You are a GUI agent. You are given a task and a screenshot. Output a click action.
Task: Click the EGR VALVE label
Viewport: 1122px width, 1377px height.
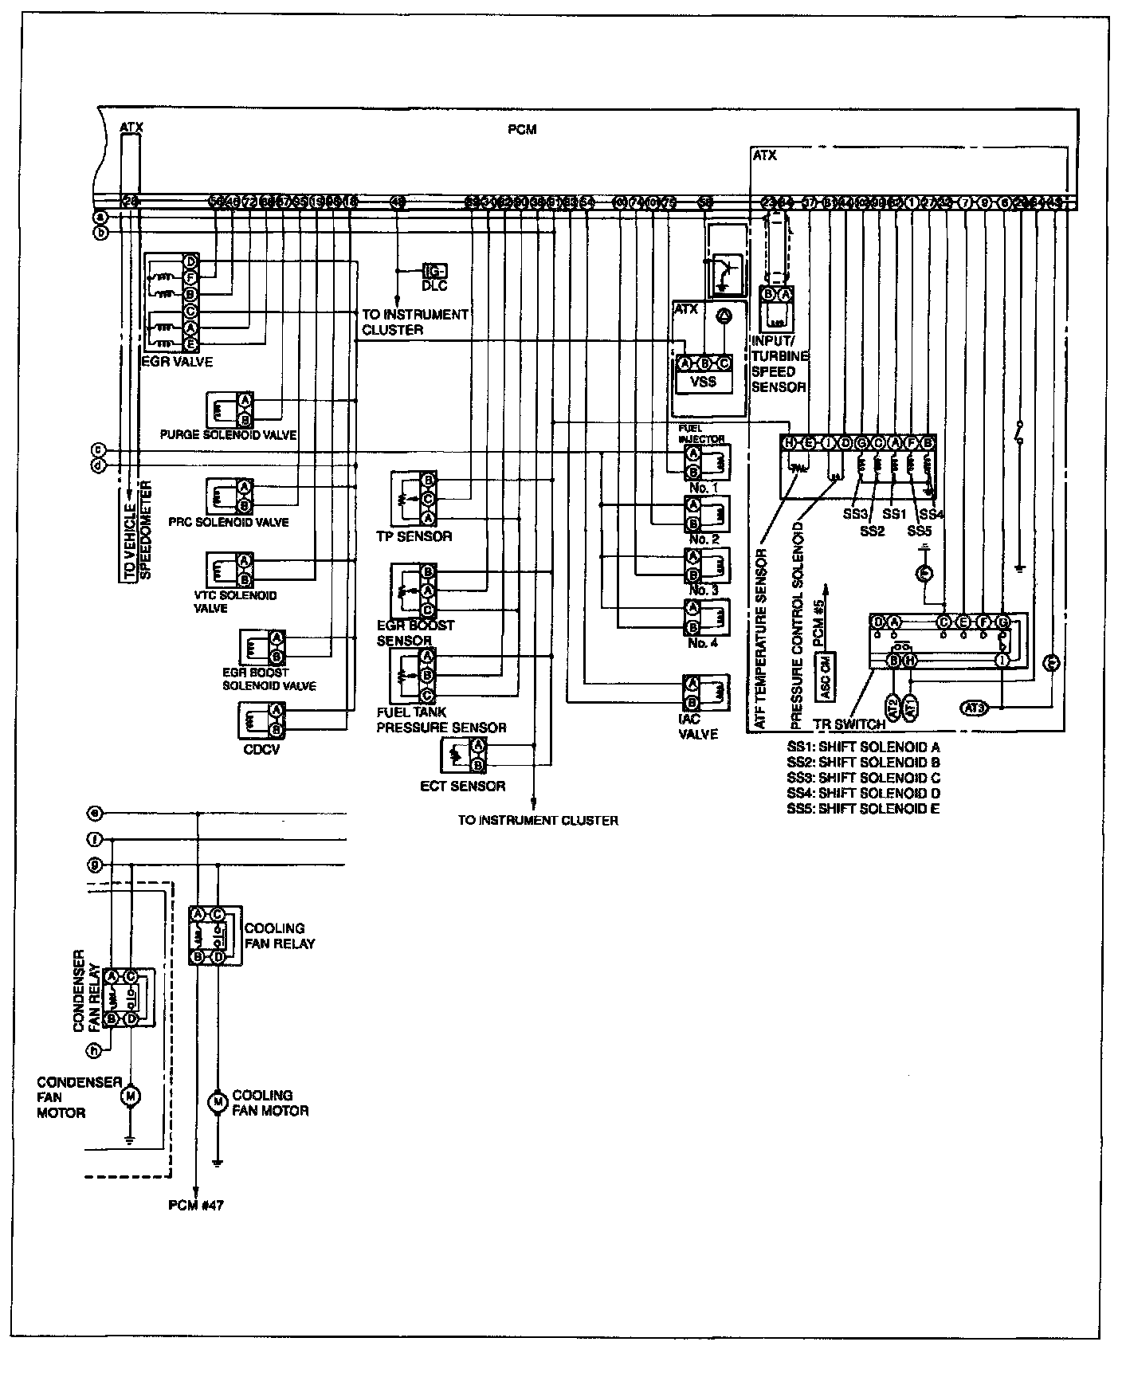(177, 362)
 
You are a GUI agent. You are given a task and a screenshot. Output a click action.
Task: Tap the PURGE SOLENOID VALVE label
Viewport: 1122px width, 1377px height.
(228, 435)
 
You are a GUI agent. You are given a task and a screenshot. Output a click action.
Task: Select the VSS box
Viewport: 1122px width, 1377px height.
(703, 382)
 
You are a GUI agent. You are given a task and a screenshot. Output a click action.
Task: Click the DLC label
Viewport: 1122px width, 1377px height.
(435, 285)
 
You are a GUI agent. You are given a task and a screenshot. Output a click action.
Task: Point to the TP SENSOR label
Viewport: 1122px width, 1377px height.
(414, 536)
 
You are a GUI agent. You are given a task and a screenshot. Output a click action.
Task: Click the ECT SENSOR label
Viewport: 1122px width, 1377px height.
(462, 786)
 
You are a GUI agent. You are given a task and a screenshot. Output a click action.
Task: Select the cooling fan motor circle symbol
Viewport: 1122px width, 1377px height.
(217, 1102)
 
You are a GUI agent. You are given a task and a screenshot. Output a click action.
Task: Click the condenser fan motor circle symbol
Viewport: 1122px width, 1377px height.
(129, 1096)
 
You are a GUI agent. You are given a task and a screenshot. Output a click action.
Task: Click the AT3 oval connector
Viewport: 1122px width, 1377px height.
(974, 707)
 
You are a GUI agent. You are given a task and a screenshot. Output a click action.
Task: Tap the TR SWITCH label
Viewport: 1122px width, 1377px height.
(849, 725)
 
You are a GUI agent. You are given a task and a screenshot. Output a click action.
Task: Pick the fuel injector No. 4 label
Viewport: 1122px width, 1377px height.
(703, 642)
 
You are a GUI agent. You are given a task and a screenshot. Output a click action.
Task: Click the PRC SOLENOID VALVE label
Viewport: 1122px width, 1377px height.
(229, 523)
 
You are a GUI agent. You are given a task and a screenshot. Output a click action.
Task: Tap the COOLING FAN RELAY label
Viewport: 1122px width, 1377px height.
(279, 936)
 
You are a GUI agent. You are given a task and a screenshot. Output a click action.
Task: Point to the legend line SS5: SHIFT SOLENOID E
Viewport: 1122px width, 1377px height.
(863, 809)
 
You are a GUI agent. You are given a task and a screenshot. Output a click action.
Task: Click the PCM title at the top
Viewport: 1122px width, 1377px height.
(522, 130)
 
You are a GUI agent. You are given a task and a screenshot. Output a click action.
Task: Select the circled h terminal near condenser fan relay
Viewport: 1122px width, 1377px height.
(94, 1050)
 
